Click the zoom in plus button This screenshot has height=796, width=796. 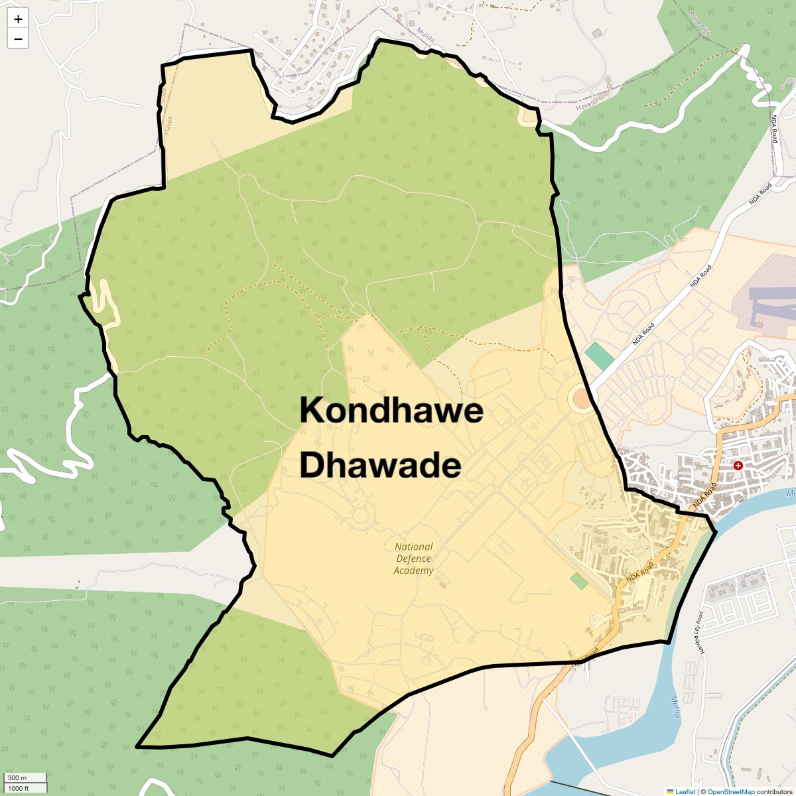[18, 19]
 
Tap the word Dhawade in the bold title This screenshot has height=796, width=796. [380, 466]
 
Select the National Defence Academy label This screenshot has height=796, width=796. [413, 559]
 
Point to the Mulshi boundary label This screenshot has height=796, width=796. [426, 35]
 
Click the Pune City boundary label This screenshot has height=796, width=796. [700, 23]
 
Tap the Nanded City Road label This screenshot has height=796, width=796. [699, 632]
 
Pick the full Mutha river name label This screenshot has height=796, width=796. [675, 706]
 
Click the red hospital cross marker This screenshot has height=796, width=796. [738, 466]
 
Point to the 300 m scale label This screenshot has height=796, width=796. [17, 777]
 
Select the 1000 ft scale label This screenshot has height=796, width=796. [19, 788]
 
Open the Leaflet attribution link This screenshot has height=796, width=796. [685, 791]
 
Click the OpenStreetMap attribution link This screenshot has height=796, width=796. [730, 791]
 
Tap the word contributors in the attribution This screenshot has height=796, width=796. [774, 791]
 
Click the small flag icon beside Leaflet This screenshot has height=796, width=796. [670, 791]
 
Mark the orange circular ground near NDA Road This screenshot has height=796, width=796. [581, 399]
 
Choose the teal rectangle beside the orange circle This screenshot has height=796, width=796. [600, 356]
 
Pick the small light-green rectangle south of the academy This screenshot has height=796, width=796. [578, 581]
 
